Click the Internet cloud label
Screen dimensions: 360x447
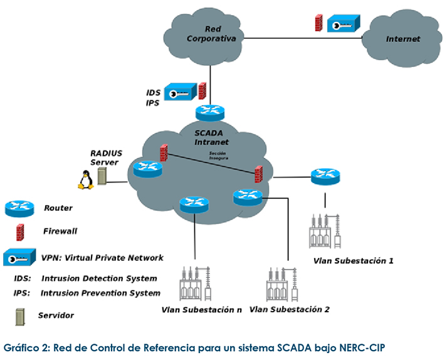click(402, 39)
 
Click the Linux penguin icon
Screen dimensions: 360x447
click(85, 181)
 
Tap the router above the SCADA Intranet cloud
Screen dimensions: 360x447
click(209, 112)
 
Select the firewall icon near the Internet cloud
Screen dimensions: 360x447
click(318, 23)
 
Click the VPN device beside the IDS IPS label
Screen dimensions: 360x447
click(180, 92)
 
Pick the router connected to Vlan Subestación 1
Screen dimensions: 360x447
click(325, 176)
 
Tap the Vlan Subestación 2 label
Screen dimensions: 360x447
click(289, 309)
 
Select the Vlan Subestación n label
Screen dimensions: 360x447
click(201, 309)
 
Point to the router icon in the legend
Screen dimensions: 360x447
click(19, 208)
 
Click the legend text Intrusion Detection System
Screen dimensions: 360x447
click(99, 278)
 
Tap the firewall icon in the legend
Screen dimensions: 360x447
click(20, 231)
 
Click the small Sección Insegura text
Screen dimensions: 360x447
click(219, 155)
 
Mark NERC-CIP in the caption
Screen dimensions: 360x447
click(368, 347)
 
